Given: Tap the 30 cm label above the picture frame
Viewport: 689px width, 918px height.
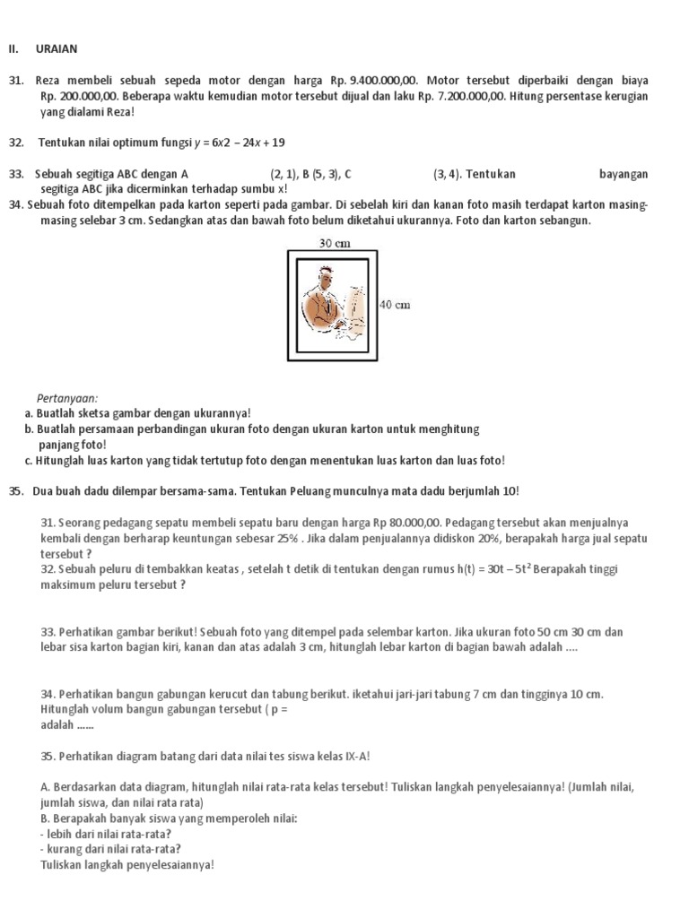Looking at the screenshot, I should (x=334, y=242).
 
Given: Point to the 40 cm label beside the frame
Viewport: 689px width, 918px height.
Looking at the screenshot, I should (x=396, y=306).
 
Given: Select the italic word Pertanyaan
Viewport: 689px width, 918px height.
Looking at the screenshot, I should (x=67, y=398).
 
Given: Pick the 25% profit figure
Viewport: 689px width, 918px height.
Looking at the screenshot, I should (x=289, y=538).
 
